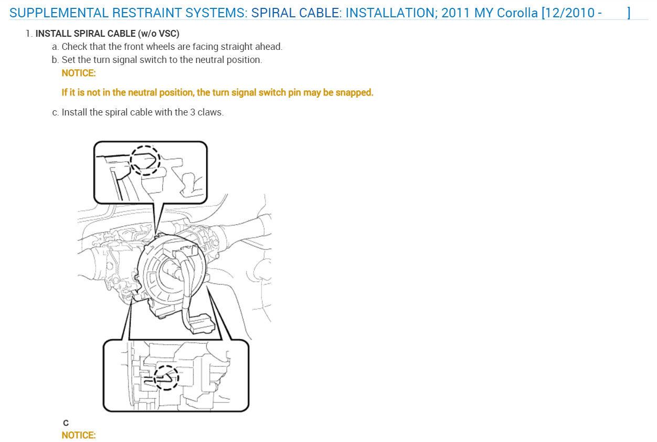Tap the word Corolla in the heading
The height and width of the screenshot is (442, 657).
[517, 13]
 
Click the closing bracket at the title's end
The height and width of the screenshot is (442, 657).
[629, 13]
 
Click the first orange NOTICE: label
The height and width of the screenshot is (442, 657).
[79, 73]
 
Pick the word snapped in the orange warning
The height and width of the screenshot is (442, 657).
[354, 92]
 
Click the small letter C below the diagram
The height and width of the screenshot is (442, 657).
[66, 423]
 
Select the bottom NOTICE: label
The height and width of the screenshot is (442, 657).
[79, 435]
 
